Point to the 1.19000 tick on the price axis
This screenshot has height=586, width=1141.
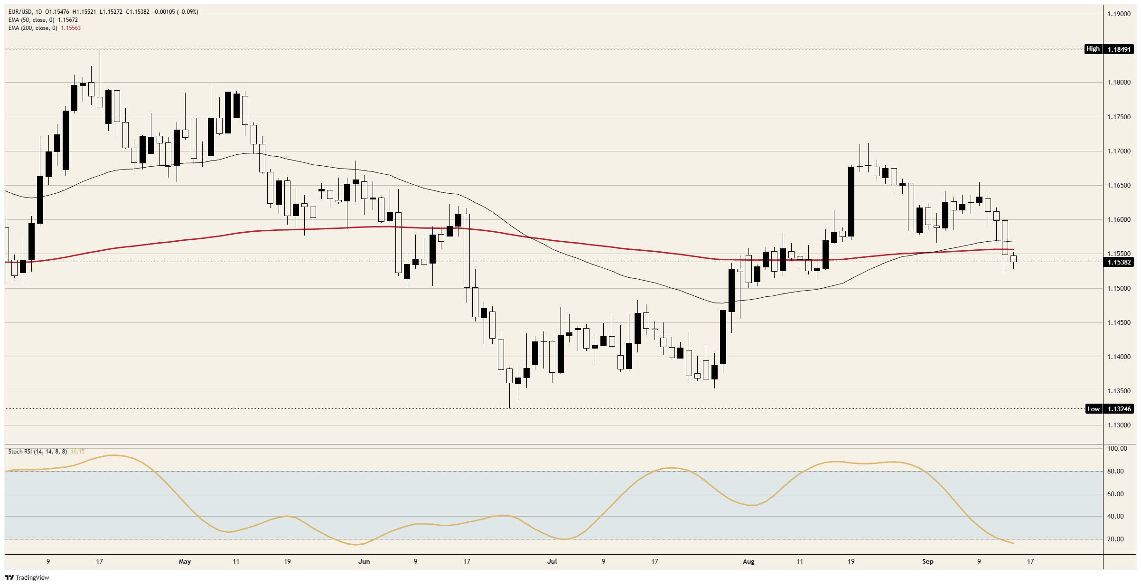click(x=1119, y=14)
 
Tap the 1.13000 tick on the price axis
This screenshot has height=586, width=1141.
click(x=1119, y=425)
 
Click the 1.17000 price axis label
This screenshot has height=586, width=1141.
click(x=1119, y=151)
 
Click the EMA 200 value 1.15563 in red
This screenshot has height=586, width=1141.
click(x=71, y=28)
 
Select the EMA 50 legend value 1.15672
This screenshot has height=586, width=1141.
click(x=68, y=20)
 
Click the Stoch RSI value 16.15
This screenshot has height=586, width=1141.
click(x=77, y=452)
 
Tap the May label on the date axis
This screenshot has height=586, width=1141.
click(x=185, y=561)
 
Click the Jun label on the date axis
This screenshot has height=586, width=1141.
click(x=364, y=561)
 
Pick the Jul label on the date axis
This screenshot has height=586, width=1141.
click(x=552, y=561)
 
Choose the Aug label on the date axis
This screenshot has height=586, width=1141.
click(x=748, y=561)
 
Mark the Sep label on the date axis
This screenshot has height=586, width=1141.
click(x=928, y=561)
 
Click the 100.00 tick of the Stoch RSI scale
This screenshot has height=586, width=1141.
click(x=1117, y=448)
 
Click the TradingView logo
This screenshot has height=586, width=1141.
click(x=27, y=577)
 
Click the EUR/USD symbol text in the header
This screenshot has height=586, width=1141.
click(x=20, y=12)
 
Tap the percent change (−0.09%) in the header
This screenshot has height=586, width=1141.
click(x=187, y=12)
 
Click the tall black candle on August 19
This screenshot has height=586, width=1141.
click(x=851, y=202)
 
